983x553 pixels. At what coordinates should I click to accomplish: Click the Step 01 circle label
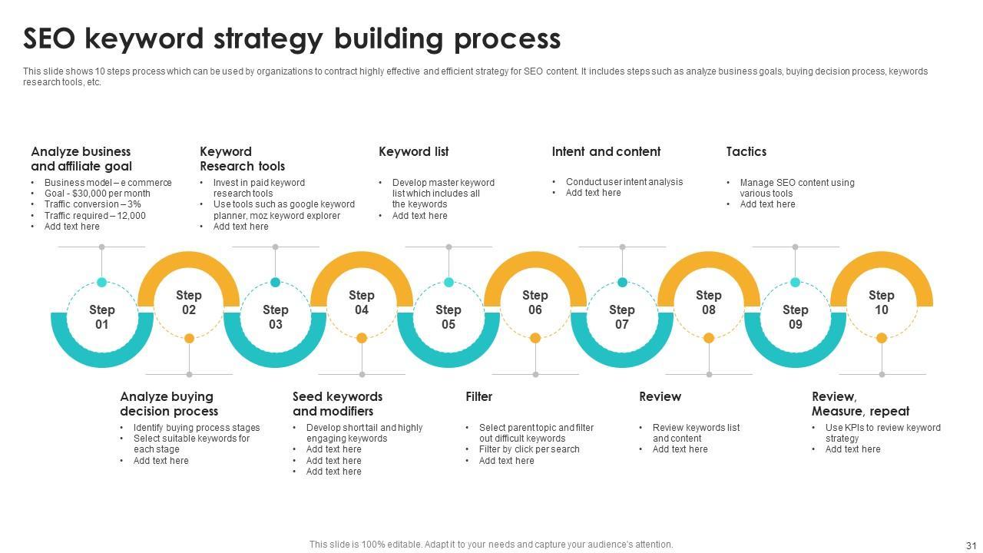101,317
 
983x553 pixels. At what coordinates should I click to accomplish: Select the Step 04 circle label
362,303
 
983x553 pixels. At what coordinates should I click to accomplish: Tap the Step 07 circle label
622,317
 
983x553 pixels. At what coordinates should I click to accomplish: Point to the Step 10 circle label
882,303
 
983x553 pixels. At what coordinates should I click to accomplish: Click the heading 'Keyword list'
413,151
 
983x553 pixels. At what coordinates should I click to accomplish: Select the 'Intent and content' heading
606,151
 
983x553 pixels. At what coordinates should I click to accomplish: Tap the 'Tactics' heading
746,151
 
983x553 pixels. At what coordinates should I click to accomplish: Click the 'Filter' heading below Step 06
478,396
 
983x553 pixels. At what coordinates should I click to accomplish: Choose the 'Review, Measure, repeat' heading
860,404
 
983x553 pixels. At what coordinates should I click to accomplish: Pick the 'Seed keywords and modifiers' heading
337,404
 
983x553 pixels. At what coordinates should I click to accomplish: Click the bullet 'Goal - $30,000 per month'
97,194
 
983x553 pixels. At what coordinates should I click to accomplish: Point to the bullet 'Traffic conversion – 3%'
92,204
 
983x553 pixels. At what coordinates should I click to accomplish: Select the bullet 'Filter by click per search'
528,449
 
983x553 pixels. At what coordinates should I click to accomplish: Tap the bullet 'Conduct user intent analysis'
624,182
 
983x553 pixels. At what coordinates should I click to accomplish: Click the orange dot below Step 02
189,338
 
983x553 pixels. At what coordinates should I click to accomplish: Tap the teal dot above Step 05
448,282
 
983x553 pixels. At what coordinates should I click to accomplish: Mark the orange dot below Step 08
709,338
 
